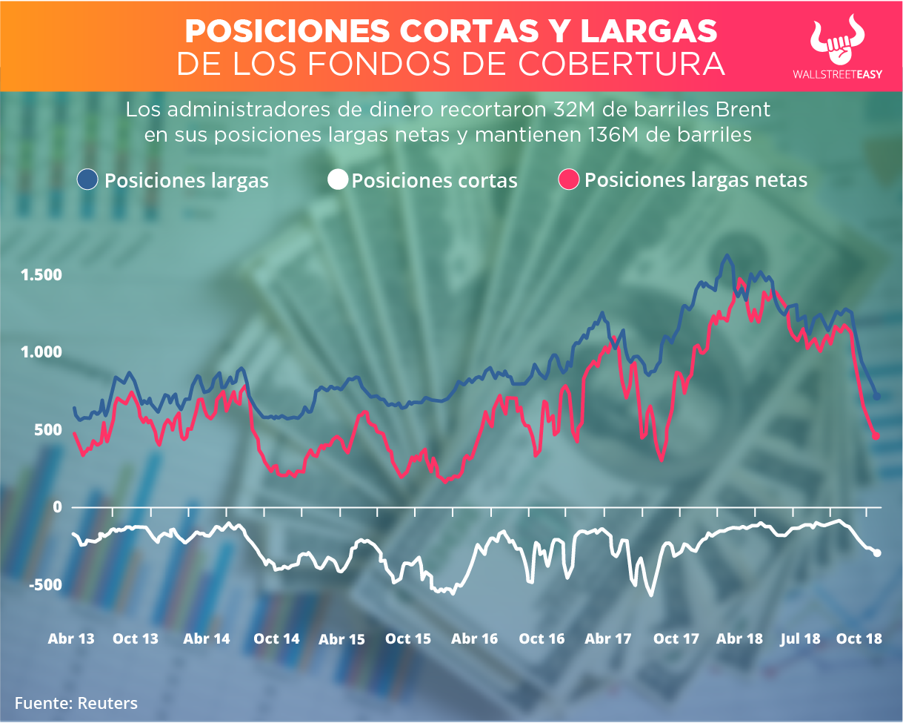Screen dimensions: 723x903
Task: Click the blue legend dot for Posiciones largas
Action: tap(88, 180)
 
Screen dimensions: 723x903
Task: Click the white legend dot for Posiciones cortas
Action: tap(338, 180)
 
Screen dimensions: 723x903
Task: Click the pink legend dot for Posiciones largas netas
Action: tap(569, 180)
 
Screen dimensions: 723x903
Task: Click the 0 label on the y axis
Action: tap(55, 507)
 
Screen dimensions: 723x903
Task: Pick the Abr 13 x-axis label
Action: tap(71, 638)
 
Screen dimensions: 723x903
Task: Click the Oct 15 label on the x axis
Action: tap(408, 638)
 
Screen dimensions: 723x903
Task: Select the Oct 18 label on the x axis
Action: tap(859, 638)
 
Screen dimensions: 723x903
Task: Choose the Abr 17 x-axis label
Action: tap(607, 638)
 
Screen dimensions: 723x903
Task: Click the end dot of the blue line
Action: tap(876, 397)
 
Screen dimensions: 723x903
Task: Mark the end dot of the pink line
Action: tap(876, 436)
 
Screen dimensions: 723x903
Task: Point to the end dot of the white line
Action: tap(878, 552)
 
